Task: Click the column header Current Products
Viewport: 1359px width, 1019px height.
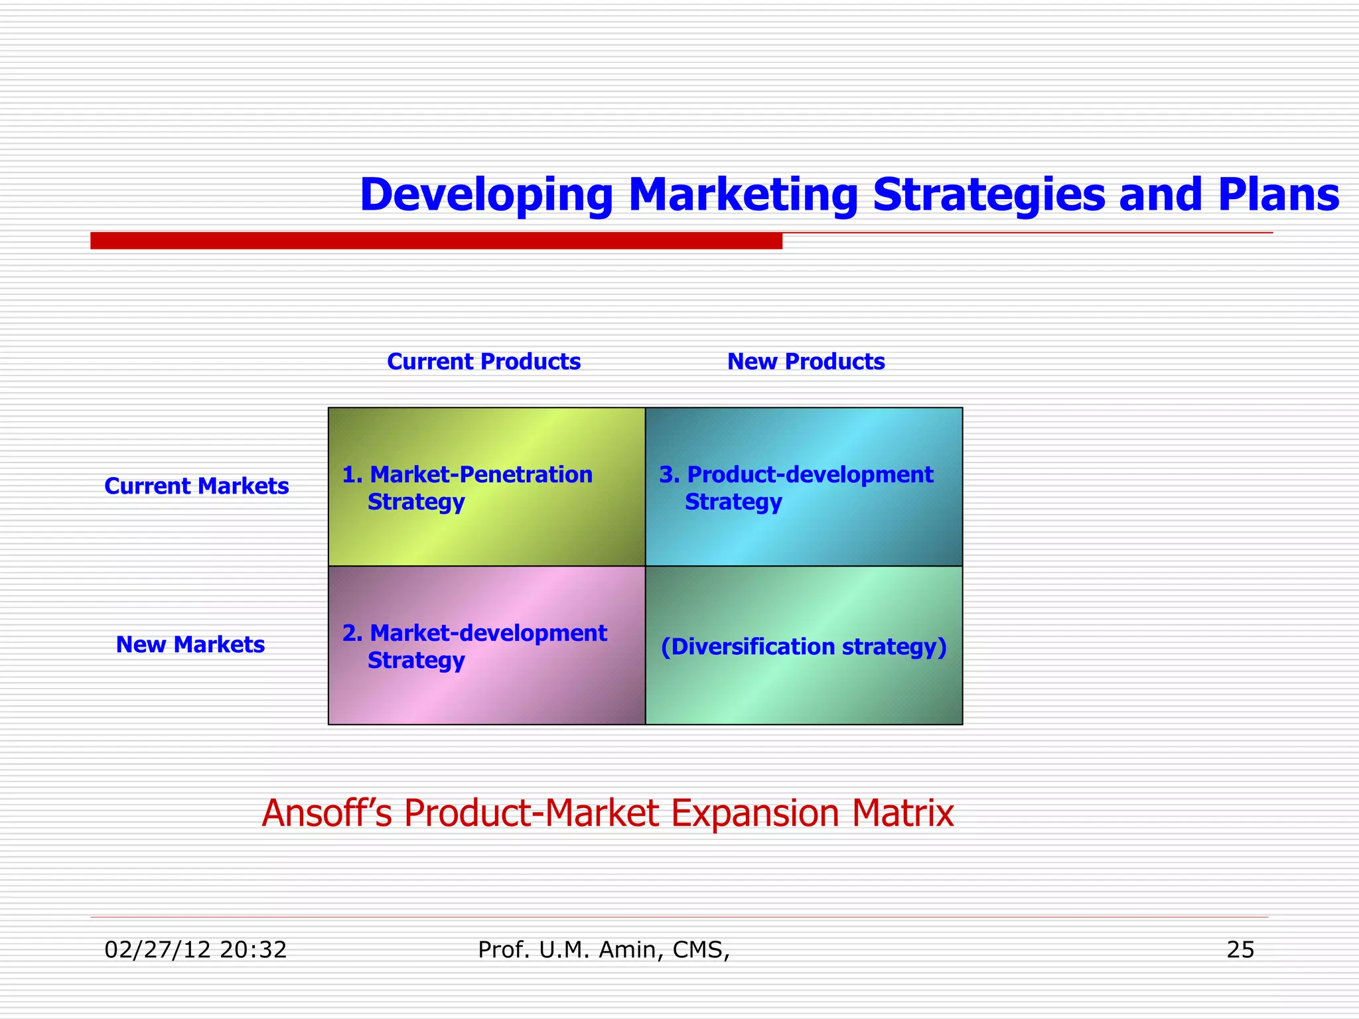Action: [483, 362]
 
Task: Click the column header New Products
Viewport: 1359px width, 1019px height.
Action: [806, 362]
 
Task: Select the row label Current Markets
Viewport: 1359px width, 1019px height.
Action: [196, 486]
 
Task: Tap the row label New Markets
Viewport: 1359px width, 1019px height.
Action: [190, 645]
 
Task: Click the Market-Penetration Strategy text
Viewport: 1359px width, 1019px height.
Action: [467, 488]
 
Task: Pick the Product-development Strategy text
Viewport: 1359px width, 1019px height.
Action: [796, 488]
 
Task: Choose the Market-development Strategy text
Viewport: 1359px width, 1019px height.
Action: [474, 646]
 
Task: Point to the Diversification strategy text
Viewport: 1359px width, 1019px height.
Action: [804, 646]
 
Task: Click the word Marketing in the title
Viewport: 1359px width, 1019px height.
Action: [743, 195]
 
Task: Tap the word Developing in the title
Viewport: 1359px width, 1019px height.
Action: [486, 196]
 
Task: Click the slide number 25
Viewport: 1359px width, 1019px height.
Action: [1240, 950]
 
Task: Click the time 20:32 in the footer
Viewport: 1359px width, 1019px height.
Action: [253, 950]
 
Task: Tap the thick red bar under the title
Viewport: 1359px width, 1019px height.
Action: [436, 241]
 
